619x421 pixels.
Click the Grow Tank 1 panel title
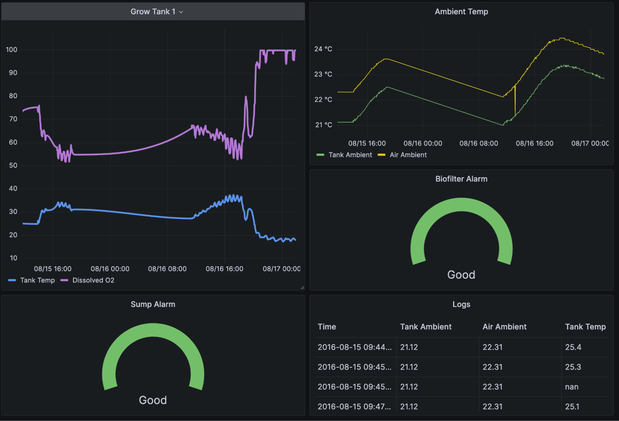[153, 11]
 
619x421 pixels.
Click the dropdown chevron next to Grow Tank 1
[181, 12]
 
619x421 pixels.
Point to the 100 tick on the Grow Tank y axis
[11, 50]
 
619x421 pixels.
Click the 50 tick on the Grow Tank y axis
[13, 165]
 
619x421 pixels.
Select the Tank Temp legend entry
[37, 280]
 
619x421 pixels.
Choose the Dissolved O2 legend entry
[93, 280]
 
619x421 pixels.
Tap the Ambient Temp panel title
[461, 11]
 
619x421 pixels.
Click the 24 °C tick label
[323, 49]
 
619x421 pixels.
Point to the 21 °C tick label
[323, 125]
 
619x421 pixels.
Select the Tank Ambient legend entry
[350, 155]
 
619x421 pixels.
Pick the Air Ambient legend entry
[408, 155]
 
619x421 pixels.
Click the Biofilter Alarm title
[461, 179]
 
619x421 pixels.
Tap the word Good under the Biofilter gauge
[461, 275]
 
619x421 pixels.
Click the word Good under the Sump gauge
[153, 400]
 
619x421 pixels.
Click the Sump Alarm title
[153, 304]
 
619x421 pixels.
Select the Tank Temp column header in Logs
[585, 327]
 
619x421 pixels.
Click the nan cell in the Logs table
[572, 387]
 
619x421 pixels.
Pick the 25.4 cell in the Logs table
[573, 347]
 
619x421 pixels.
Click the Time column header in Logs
[327, 327]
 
